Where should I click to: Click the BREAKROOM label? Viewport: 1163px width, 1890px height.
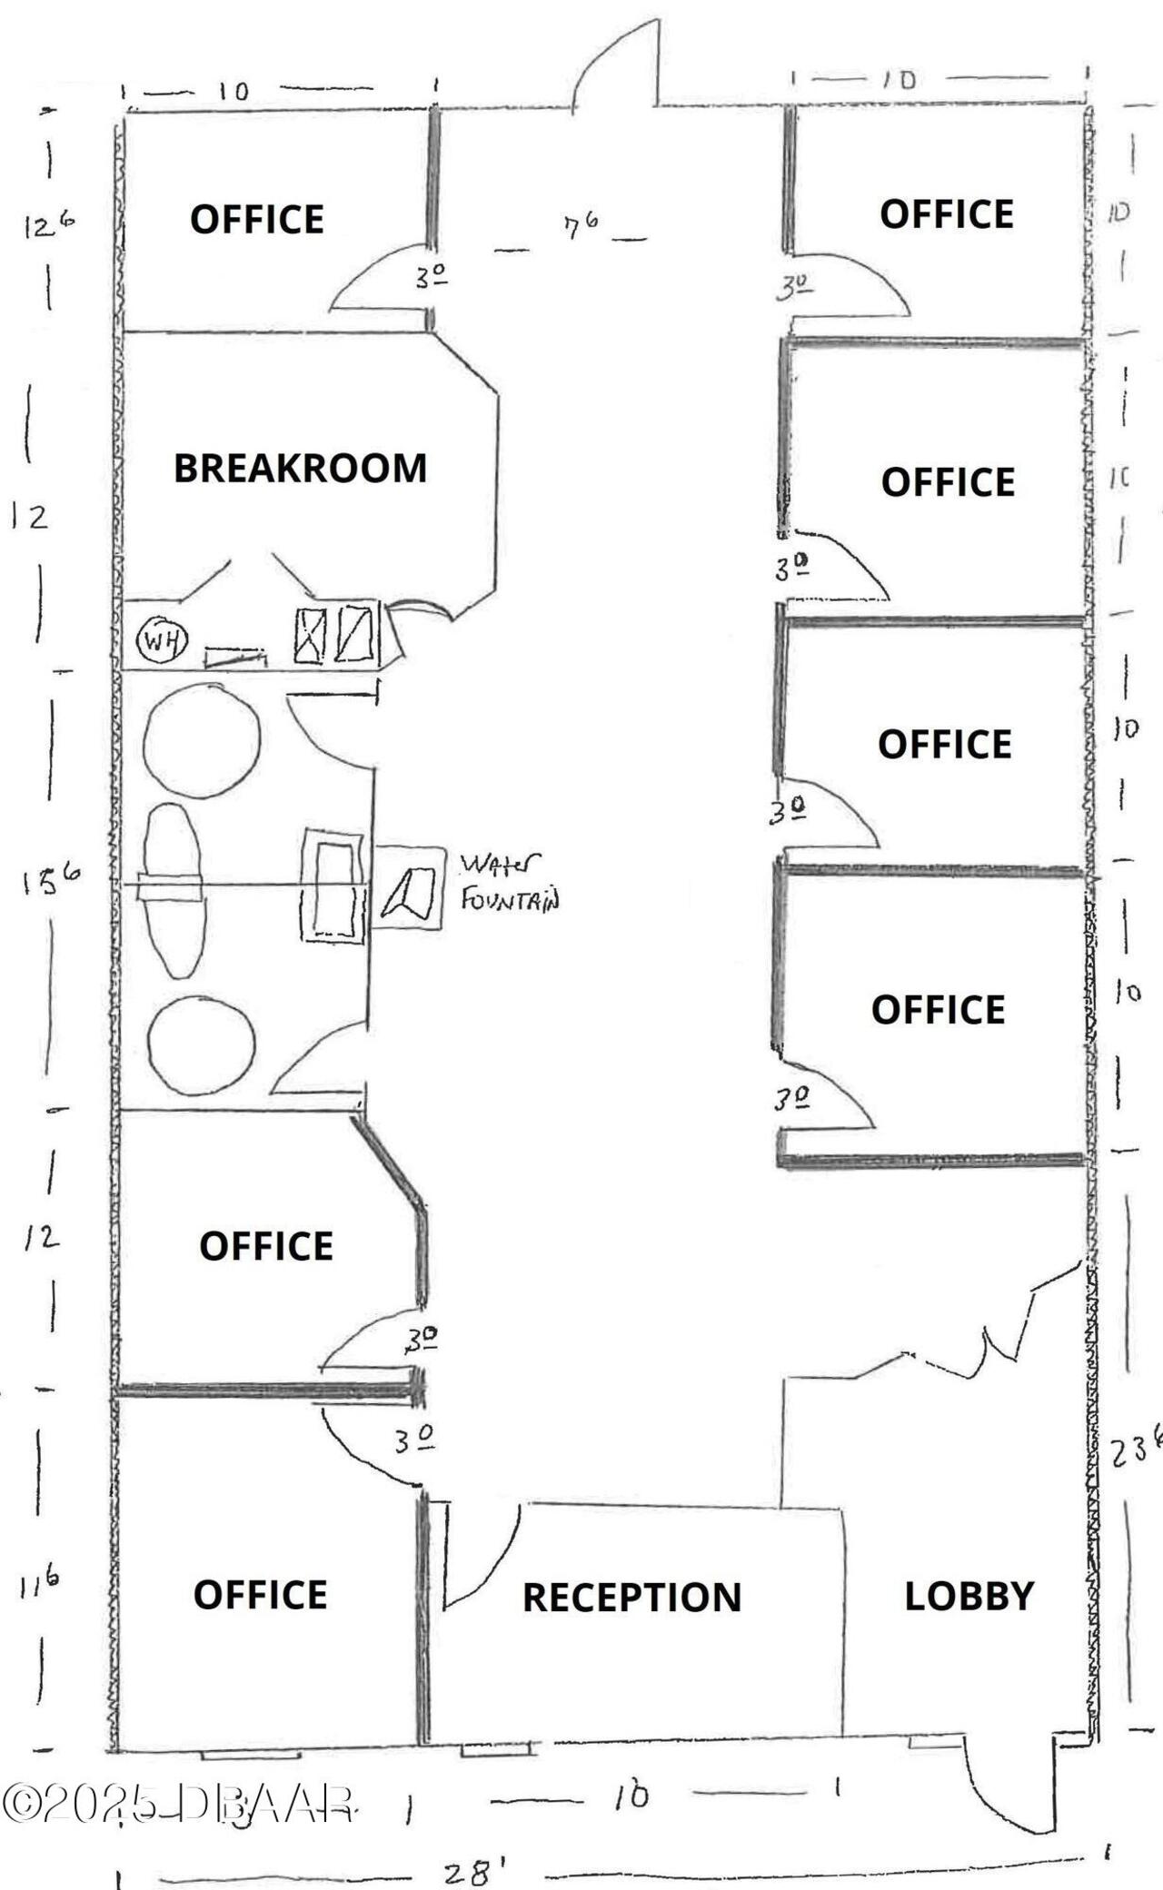pyautogui.click(x=300, y=469)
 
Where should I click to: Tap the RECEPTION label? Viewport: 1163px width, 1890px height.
pyautogui.click(x=631, y=1598)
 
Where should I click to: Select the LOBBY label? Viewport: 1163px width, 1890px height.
pyautogui.click(x=969, y=1596)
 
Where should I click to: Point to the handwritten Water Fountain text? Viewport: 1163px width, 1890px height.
pyautogui.click(x=509, y=881)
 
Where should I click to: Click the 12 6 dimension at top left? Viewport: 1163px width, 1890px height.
pyautogui.click(x=49, y=225)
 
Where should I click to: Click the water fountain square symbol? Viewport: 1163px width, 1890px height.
pyautogui.click(x=409, y=887)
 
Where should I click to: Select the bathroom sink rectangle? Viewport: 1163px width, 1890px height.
pyautogui.click(x=333, y=887)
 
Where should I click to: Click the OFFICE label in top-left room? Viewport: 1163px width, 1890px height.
pyautogui.click(x=256, y=220)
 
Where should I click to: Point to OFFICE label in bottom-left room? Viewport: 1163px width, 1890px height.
pyautogui.click(x=260, y=1596)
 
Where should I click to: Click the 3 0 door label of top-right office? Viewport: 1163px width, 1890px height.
pyautogui.click(x=793, y=288)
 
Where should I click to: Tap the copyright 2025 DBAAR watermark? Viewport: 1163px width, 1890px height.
pyautogui.click(x=177, y=1804)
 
